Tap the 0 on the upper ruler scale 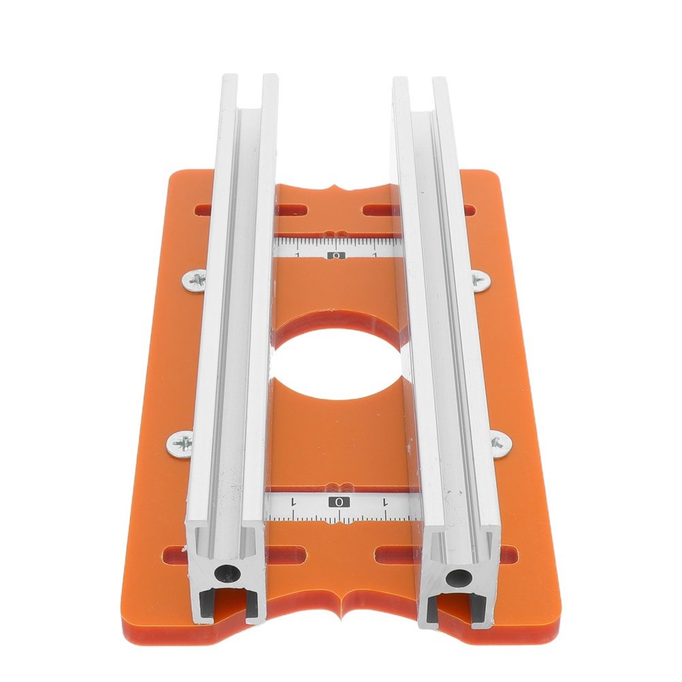pos(336,256)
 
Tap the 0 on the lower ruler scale pos(339,502)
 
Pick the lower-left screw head pos(181,445)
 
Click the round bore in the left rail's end pos(222,573)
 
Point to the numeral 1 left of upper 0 pos(297,255)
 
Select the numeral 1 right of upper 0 pos(376,255)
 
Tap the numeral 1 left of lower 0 pos(293,502)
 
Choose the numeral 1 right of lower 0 pos(386,502)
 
